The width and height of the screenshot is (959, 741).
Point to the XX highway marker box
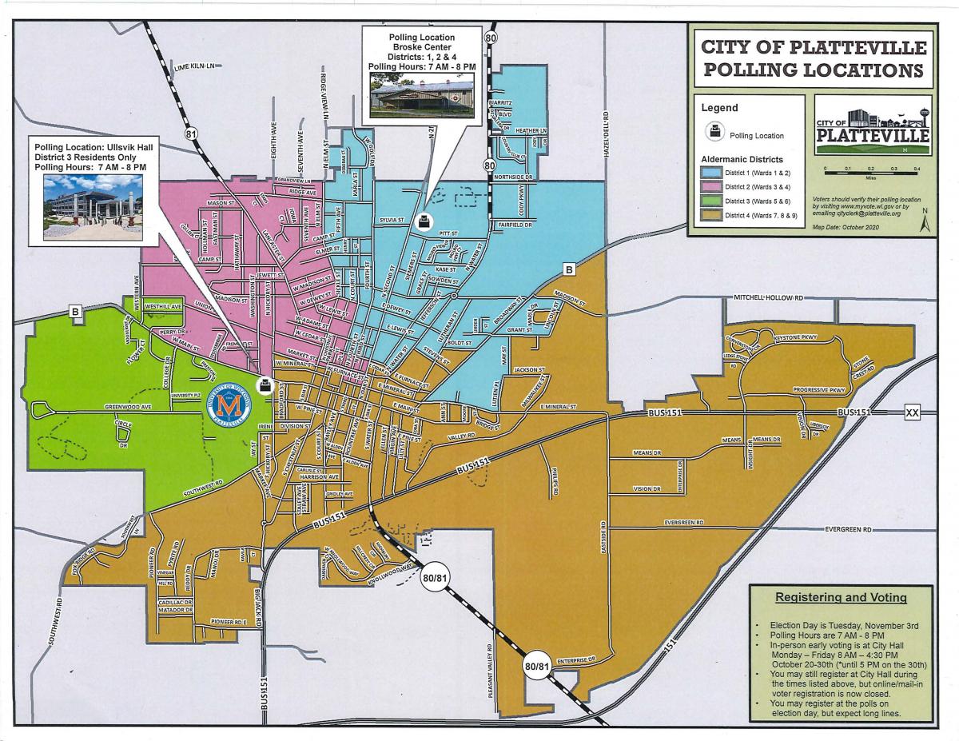[913, 412]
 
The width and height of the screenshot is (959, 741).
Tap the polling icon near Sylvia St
[427, 221]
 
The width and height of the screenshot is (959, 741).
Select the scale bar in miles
[871, 170]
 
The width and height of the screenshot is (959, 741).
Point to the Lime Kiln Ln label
[195, 73]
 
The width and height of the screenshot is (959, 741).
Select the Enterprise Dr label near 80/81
[579, 660]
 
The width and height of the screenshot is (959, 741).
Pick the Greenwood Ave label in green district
[128, 407]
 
